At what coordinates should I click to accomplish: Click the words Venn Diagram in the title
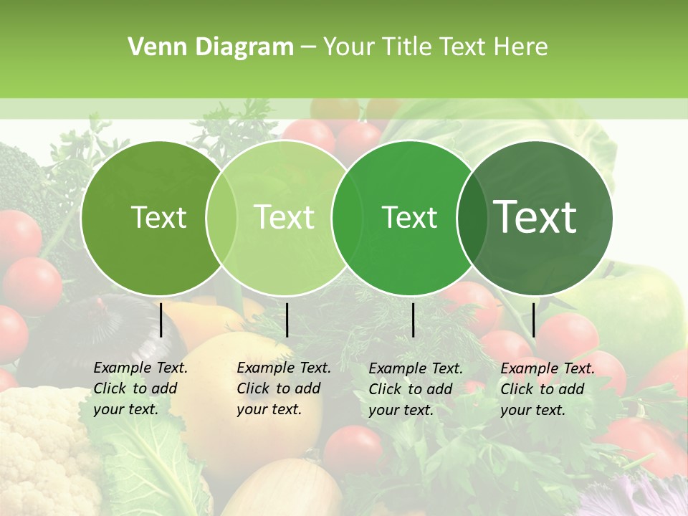pos(210,47)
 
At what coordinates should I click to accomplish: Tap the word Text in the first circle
pos(158,217)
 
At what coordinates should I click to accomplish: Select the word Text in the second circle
pos(284,217)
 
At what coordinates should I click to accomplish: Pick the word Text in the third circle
pos(409,217)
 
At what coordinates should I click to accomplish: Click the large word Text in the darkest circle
pos(535,217)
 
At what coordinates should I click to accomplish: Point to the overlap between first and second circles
pos(221,218)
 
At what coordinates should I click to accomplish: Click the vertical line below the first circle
pos(161,320)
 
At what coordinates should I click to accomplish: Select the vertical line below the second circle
pos(287,320)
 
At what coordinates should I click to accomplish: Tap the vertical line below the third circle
pos(413,320)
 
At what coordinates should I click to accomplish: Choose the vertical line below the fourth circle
pos(534,320)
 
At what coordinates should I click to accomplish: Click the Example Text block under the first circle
pos(140,388)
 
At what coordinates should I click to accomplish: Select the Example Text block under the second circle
pos(284,388)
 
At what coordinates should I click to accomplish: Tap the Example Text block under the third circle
pos(416,389)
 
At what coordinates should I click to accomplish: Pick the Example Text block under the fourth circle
pos(548,389)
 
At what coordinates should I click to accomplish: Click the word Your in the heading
pos(349,47)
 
